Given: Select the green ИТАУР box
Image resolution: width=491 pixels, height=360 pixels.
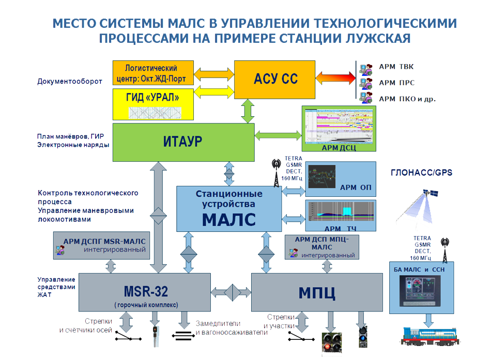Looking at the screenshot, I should [x=183, y=141].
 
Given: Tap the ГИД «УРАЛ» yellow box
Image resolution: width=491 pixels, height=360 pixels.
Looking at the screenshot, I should [x=153, y=104].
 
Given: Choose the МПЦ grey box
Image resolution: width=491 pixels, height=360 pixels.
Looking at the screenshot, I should [x=316, y=292].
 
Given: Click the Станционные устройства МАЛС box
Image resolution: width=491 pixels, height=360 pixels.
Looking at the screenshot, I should [x=228, y=208].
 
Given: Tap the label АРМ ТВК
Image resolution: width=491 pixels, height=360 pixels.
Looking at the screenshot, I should [x=396, y=67].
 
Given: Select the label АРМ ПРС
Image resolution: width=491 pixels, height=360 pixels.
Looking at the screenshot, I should [x=396, y=82].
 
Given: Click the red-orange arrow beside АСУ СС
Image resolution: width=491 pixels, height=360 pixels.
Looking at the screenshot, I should [x=335, y=80].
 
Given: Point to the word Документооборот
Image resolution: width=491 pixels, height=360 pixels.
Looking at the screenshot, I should [x=70, y=81].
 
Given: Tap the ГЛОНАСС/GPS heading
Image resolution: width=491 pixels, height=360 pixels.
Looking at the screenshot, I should [x=421, y=173].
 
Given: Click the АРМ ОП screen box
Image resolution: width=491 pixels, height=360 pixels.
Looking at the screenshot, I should [x=340, y=179].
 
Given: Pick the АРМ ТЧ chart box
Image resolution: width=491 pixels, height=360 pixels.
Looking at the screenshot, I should [x=340, y=216].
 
